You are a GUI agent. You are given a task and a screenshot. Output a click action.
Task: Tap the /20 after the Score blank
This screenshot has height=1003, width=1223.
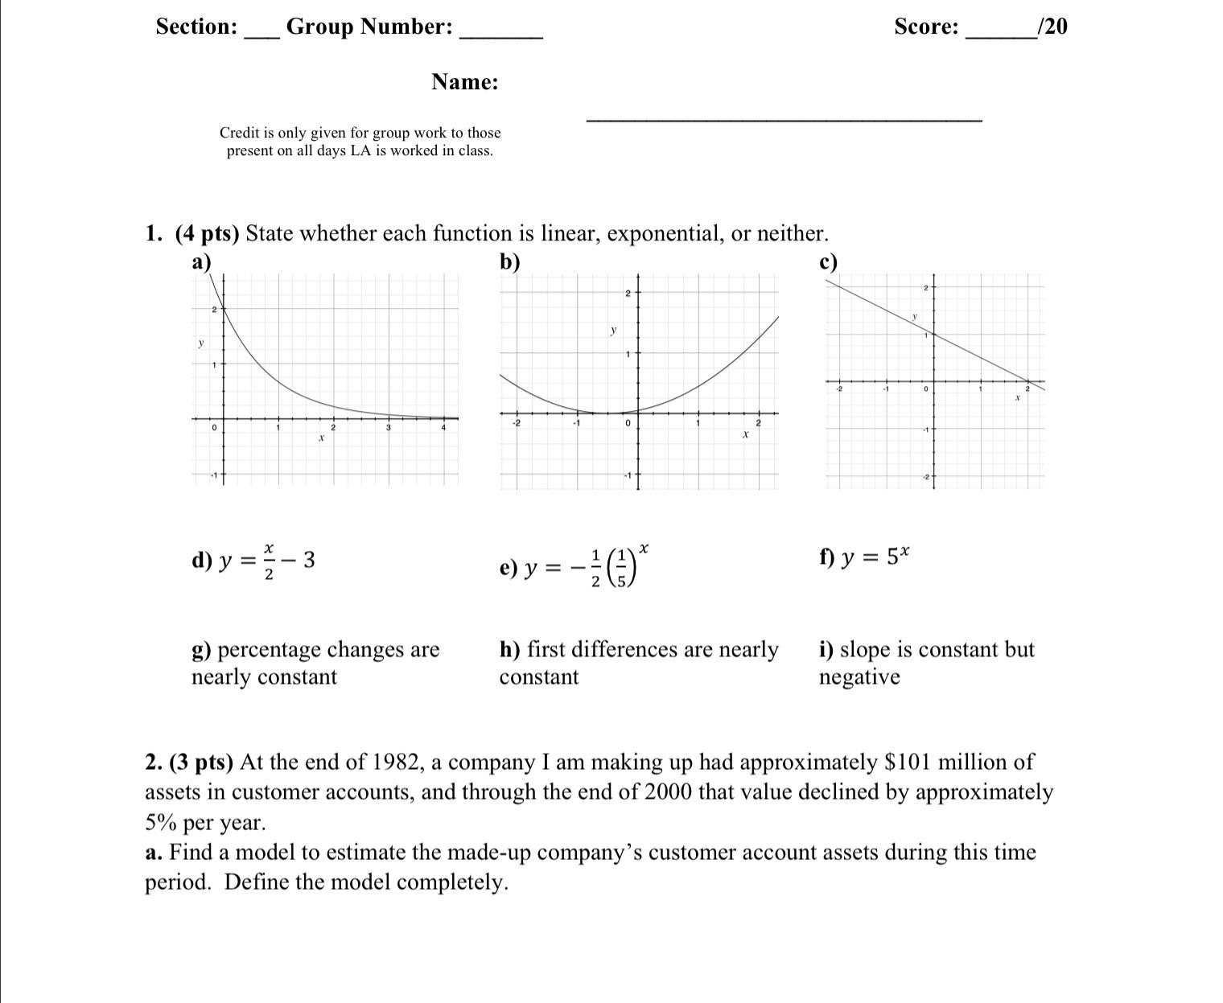(x=1053, y=27)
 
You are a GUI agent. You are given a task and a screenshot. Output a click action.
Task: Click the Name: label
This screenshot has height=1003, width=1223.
(x=464, y=82)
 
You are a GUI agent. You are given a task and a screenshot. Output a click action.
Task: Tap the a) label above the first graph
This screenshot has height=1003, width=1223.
(x=201, y=261)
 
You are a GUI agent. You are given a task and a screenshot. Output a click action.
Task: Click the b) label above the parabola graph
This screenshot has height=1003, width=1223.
(x=509, y=261)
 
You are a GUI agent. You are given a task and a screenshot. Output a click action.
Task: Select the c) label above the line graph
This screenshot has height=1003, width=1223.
(x=828, y=261)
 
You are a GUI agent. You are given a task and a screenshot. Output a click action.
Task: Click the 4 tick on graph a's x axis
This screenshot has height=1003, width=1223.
(x=443, y=428)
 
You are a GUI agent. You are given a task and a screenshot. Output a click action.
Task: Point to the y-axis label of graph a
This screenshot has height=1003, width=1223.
(x=201, y=343)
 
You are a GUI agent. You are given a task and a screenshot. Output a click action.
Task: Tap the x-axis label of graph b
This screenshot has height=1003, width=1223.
(x=745, y=434)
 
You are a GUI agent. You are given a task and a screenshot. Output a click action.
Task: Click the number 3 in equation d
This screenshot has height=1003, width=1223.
(x=309, y=559)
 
